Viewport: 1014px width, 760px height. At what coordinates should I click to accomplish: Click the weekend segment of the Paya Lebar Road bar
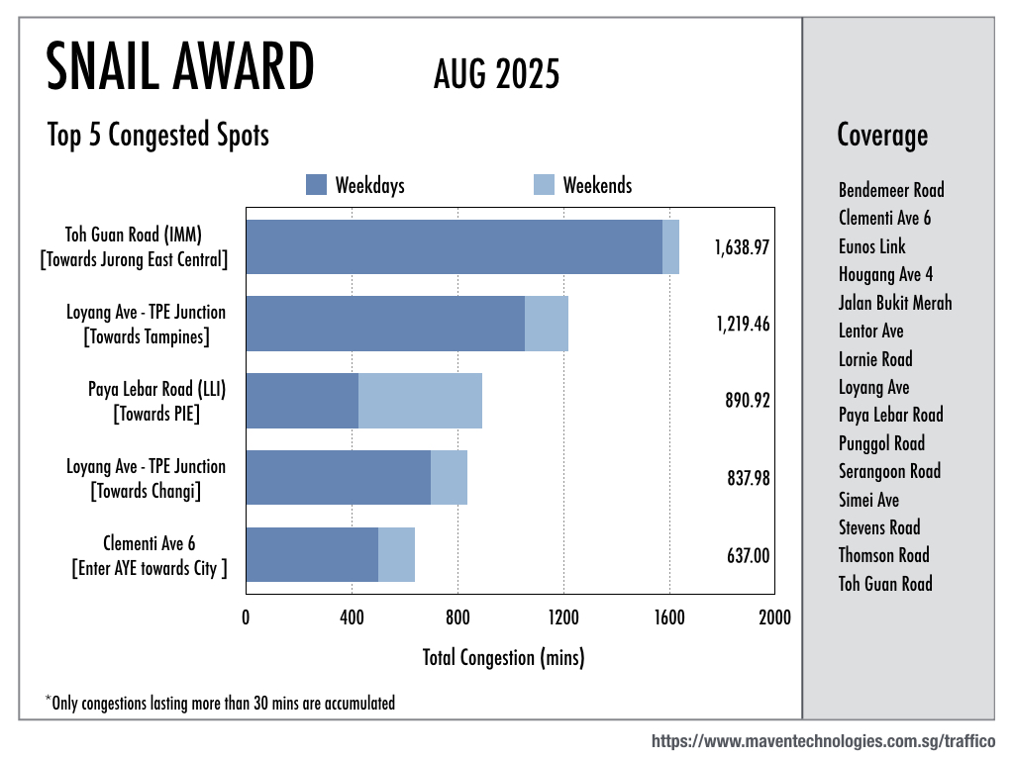coord(420,401)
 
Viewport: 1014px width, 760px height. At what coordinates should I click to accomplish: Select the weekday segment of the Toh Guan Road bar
coord(454,246)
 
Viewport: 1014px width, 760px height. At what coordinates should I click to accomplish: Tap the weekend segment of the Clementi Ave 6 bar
coord(396,555)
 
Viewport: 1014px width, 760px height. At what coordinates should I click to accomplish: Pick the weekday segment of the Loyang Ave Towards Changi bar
coord(338,478)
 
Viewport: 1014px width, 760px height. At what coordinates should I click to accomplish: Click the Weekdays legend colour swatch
coord(316,185)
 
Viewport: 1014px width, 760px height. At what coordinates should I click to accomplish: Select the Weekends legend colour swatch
coord(544,185)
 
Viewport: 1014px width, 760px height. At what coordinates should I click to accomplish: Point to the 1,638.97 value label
coord(742,247)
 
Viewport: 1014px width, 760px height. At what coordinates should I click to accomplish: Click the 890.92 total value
coord(748,402)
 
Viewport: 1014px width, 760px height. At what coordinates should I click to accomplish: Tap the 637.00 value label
coord(748,556)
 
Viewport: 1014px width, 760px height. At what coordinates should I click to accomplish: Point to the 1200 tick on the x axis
coord(563,618)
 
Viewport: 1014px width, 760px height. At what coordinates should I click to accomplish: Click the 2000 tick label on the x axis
coord(774,618)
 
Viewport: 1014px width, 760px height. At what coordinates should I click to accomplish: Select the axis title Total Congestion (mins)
coord(503,657)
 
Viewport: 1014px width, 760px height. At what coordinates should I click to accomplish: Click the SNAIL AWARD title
coord(180,69)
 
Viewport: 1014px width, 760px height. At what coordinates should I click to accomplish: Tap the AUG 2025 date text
coord(496,74)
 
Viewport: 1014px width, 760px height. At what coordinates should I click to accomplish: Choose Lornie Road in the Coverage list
coord(875,359)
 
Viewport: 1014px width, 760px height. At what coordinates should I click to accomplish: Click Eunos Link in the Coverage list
coord(871,246)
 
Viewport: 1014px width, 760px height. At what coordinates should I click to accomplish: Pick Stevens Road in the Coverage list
coord(879,527)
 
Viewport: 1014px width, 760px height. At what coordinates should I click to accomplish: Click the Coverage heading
coord(882,135)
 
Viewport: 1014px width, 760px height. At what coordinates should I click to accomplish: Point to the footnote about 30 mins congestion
coord(221,704)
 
